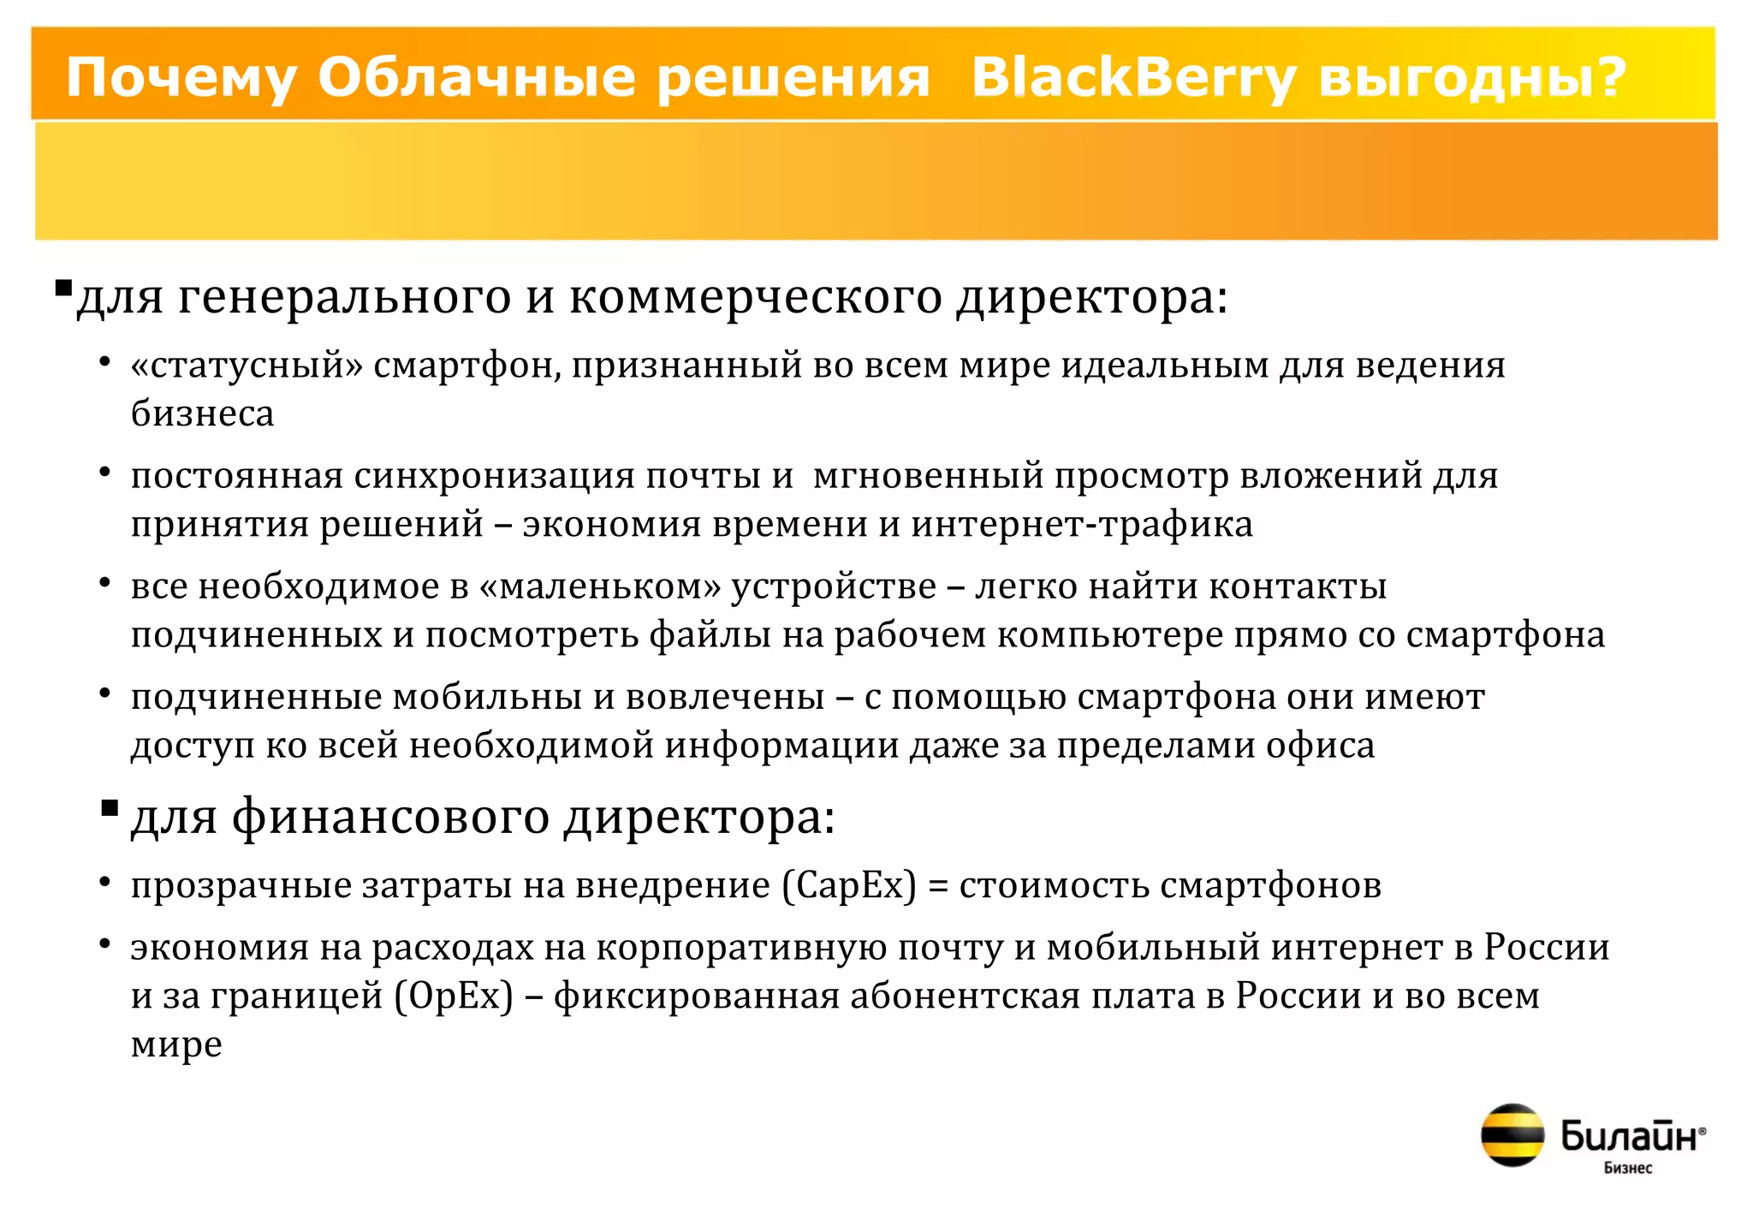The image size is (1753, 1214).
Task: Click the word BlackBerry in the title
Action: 1134,78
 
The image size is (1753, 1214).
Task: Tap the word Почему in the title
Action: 181,78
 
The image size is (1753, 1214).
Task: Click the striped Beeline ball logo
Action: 1512,1134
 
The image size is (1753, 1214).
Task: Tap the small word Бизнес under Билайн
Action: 1627,1168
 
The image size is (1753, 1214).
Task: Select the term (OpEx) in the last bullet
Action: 454,996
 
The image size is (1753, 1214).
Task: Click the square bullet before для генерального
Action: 62,288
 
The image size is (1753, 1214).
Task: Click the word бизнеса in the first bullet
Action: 202,414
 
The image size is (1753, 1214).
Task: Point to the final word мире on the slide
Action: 176,1045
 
